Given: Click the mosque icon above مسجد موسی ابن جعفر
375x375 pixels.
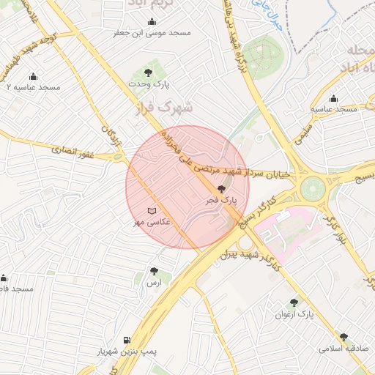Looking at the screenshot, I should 152,22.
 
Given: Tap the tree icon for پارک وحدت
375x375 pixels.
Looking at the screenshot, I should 149,73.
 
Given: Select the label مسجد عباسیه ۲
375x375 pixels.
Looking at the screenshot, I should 32,87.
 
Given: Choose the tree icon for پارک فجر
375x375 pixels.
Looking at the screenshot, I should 223,190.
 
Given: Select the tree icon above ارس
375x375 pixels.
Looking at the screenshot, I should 154,271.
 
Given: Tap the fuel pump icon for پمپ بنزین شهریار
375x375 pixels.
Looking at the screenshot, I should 128,341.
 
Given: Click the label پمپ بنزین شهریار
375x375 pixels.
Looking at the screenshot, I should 129,352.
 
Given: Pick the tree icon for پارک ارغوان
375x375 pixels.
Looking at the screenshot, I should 294,302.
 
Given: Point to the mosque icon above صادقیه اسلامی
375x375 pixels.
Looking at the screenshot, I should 324,338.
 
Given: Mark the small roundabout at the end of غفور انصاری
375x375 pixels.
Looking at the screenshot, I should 117,155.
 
